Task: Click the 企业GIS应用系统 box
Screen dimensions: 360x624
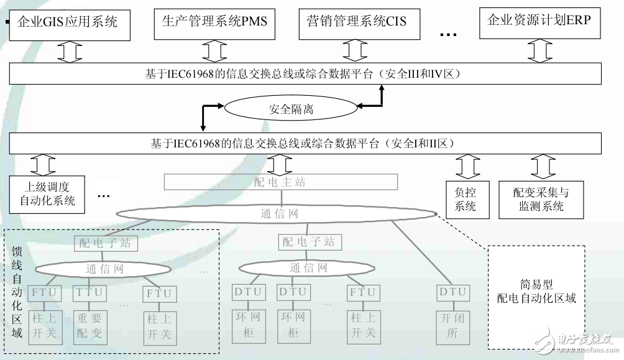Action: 70,24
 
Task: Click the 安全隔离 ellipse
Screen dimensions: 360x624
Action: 291,110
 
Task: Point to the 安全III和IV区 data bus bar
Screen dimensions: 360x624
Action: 305,75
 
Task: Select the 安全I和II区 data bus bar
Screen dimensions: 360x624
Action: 305,144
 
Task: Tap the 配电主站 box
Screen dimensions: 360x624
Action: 280,182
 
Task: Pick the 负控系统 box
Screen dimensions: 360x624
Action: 465,200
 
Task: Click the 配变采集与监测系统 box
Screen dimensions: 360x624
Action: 541,200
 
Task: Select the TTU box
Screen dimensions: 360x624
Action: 89,292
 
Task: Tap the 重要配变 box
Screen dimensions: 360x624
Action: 89,326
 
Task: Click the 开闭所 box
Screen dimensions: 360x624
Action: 452,326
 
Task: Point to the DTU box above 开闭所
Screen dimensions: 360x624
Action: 452,292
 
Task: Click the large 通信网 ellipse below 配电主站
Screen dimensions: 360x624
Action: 279,214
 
